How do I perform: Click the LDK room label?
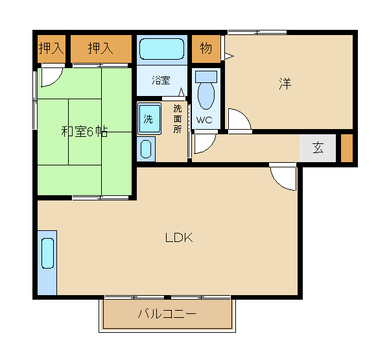click(x=179, y=237)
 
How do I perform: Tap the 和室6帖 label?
click(x=84, y=132)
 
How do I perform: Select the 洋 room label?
click(x=285, y=84)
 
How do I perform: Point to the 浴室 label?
click(x=161, y=80)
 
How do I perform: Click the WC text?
click(x=204, y=120)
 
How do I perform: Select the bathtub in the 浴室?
click(x=162, y=49)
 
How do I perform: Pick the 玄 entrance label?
click(x=318, y=148)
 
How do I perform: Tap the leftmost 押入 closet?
click(x=50, y=49)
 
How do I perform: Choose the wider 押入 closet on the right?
click(x=100, y=49)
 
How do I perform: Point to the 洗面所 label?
click(x=178, y=119)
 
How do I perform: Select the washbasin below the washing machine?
click(x=147, y=149)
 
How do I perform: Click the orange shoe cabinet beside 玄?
click(x=347, y=148)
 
